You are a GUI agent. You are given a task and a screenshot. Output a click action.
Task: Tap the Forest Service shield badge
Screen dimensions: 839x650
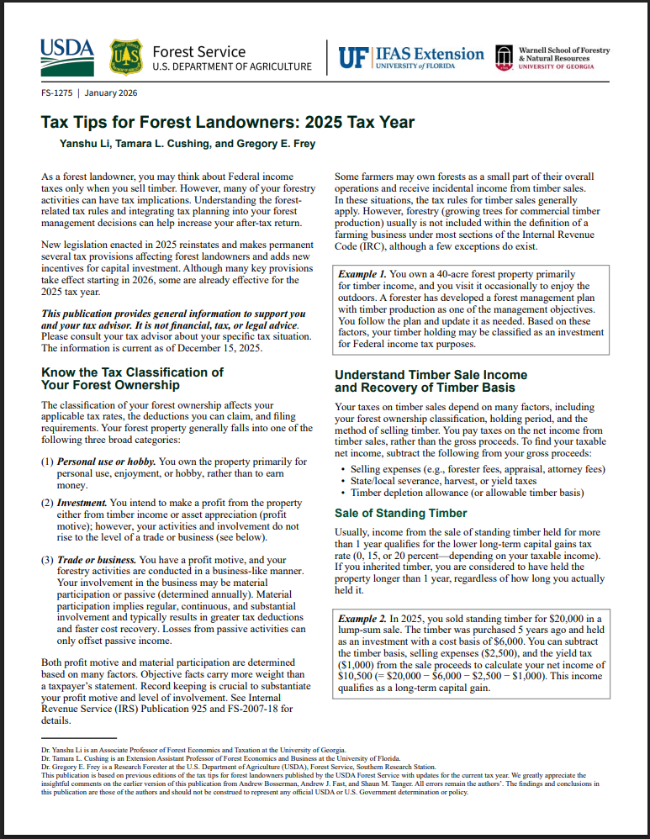point(126,56)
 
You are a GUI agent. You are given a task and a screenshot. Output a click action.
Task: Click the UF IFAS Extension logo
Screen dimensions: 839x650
point(411,56)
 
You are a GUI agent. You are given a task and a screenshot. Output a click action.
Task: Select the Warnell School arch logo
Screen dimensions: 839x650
point(505,56)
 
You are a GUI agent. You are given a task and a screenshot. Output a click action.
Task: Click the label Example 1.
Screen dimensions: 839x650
point(362,275)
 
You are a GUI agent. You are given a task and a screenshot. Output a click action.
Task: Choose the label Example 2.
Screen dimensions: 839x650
point(362,619)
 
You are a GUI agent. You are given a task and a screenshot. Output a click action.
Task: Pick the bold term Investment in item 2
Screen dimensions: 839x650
point(82,503)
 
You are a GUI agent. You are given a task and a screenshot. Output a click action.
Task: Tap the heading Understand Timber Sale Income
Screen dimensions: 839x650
point(431,375)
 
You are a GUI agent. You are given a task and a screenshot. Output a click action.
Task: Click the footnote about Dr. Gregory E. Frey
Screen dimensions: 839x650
point(238,767)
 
